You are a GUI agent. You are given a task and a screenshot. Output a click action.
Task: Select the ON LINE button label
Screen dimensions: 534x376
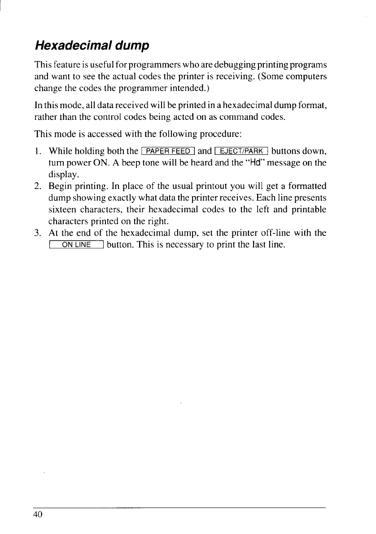coord(77,245)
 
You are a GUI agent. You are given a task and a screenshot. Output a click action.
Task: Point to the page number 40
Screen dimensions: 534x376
coord(37,514)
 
